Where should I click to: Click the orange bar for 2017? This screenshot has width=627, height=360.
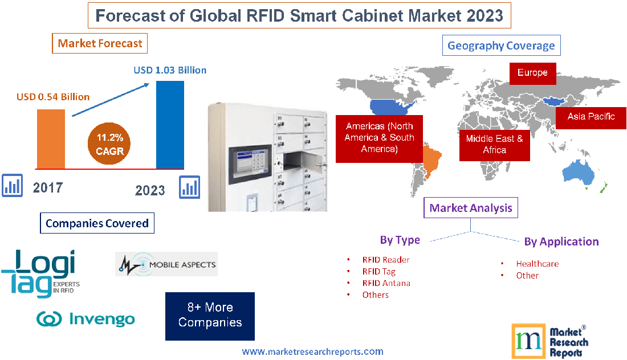coord(51,138)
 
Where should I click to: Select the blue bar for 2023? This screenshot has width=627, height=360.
coord(170,124)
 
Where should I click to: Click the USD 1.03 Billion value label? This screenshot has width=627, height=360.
coord(170,70)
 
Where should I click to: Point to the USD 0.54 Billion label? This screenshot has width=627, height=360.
coord(52,97)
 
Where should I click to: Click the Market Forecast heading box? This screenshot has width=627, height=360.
coord(100,43)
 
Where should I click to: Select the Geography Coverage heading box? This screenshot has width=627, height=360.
coord(501,46)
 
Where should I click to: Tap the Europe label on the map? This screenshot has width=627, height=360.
coord(532,73)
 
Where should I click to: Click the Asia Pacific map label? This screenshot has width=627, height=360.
coord(591,117)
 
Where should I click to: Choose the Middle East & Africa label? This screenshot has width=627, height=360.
coord(494,144)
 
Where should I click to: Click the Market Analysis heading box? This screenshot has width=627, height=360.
coord(471,208)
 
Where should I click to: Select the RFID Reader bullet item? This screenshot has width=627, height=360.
coord(385,260)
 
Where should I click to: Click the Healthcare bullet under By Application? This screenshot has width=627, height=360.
coord(537,264)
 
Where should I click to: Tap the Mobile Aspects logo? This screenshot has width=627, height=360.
coord(166,264)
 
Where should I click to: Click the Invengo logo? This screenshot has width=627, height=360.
coord(85,319)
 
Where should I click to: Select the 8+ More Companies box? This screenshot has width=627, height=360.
coord(210,316)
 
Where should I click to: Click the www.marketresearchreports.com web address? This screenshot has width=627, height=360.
coord(312,351)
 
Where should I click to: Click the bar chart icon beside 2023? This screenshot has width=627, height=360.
coord(189,187)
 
